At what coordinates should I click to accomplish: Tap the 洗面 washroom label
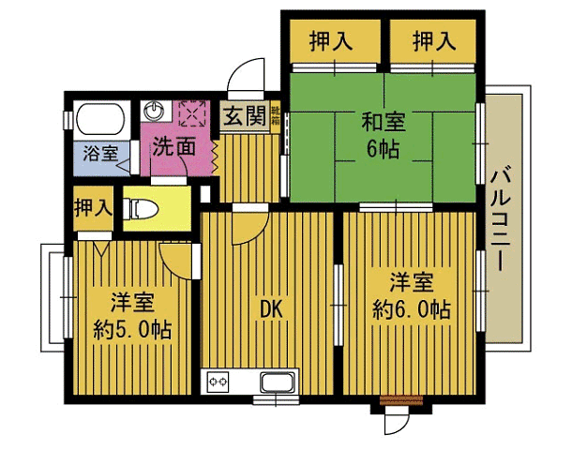pos(173,146)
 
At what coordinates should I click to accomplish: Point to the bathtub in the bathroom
pos(100,119)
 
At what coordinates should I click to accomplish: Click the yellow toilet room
pos(155,208)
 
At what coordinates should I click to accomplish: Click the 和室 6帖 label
pos(383,135)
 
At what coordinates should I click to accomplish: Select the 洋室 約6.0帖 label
pos(410,294)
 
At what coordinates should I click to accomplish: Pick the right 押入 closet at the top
pos(433,41)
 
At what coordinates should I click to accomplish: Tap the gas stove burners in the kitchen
pos(218,382)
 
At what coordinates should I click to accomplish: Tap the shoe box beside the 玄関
pos(276,118)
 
